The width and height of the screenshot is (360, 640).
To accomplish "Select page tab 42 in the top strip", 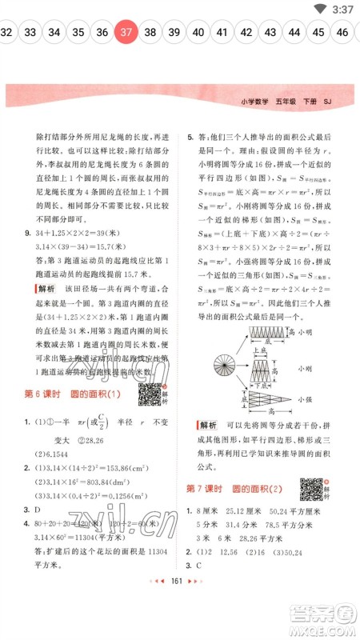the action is click(x=246, y=33).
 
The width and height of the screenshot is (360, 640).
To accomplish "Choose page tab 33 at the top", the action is click(x=30, y=33).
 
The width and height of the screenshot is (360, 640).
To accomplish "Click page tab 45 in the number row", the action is click(x=318, y=33).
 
